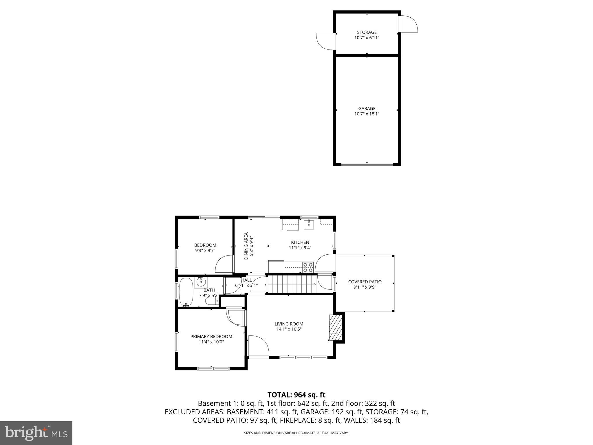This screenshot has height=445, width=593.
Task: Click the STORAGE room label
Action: pyautogui.click(x=367, y=32)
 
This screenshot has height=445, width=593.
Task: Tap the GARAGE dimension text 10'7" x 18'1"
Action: pyautogui.click(x=367, y=114)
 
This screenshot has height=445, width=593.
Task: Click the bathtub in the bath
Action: pyautogui.click(x=186, y=292)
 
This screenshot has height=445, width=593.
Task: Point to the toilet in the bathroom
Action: pyautogui.click(x=212, y=302)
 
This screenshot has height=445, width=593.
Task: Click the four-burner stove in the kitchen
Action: pyautogui.click(x=308, y=267)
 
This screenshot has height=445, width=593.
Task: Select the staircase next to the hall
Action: pyautogui.click(x=291, y=284)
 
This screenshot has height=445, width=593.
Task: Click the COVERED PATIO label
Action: pyautogui.click(x=365, y=282)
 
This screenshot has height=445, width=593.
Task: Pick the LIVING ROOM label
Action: pyautogui.click(x=289, y=324)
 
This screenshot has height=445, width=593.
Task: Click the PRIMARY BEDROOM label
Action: pyautogui.click(x=211, y=336)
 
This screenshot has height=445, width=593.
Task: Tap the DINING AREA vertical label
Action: pyautogui.click(x=246, y=246)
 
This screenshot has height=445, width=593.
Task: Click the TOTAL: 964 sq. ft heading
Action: pyautogui.click(x=296, y=395)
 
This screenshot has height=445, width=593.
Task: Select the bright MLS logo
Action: pyautogui.click(x=36, y=433)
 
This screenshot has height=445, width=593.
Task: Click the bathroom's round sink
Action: pyautogui.click(x=201, y=282)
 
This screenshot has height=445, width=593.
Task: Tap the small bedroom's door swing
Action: pyautogui.click(x=224, y=264)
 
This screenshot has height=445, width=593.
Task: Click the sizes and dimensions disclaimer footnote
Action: pyautogui.click(x=296, y=433)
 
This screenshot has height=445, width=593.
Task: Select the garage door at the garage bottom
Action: pyautogui.click(x=367, y=164)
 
